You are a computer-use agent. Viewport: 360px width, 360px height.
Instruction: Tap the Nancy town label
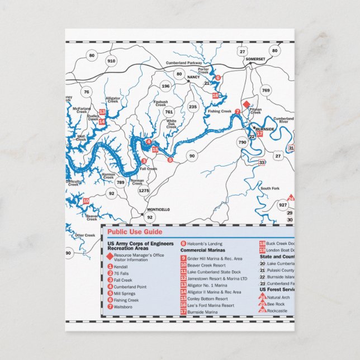(x=193, y=77)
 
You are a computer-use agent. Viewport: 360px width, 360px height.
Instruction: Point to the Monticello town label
(x=158, y=210)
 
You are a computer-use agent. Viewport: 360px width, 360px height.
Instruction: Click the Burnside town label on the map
(x=265, y=129)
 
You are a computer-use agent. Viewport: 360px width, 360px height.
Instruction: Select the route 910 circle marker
(x=111, y=60)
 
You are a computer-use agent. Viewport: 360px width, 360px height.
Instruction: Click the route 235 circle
(x=193, y=107)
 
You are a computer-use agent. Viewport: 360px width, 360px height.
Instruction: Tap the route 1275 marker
(x=144, y=191)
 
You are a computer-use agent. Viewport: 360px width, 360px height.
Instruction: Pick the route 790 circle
(x=242, y=143)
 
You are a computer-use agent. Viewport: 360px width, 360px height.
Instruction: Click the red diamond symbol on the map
(x=246, y=104)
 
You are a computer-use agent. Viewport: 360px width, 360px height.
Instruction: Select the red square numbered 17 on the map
(x=259, y=134)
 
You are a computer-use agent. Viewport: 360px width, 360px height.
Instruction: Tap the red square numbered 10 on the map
(x=86, y=201)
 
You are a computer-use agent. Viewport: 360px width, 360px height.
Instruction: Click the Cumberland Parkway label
(x=183, y=64)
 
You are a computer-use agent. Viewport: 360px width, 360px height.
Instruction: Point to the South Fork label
(x=269, y=188)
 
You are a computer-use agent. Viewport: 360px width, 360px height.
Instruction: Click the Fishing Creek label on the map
(x=220, y=111)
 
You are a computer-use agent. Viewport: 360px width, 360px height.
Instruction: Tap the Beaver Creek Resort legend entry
(x=207, y=265)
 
